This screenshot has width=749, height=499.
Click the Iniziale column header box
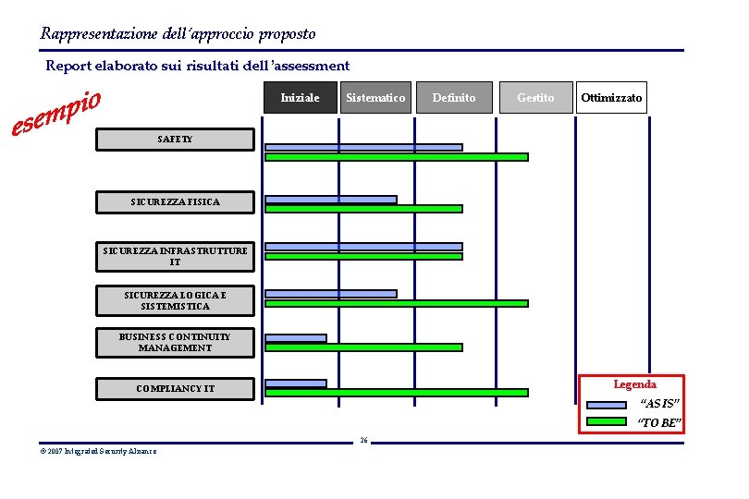click(300, 98)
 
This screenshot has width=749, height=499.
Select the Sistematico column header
click(374, 98)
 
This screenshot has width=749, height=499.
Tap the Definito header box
click(454, 98)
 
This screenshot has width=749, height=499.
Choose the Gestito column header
click(535, 98)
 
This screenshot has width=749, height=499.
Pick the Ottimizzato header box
click(611, 98)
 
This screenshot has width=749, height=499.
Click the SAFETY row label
click(176, 140)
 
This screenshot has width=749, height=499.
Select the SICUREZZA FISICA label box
click(176, 201)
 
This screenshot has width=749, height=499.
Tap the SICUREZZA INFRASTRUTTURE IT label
click(176, 256)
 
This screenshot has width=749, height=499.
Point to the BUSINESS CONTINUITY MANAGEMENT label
click(176, 343)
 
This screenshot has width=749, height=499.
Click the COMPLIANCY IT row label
click(176, 389)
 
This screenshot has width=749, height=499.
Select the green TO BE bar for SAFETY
click(396, 157)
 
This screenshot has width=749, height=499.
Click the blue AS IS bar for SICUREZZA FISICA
click(330, 200)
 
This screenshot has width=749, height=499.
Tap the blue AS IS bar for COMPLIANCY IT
click(296, 383)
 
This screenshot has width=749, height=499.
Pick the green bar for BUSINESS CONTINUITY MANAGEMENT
click(363, 347)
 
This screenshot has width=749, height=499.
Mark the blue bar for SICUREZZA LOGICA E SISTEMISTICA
click(330, 294)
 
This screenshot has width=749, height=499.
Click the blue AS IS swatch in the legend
click(607, 405)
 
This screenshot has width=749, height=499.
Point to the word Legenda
click(635, 384)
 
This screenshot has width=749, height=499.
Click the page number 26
click(363, 440)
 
